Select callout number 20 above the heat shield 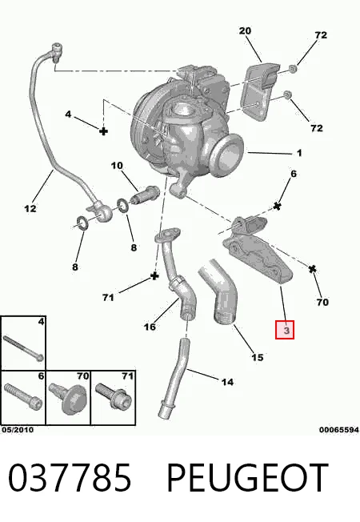click(245, 31)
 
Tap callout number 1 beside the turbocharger click(299, 153)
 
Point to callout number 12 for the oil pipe click(30, 209)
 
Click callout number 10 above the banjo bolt click(117, 166)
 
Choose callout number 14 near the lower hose click(227, 382)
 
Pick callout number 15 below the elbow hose click(257, 358)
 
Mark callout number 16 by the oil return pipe click(150, 327)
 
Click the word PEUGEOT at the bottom click(247, 478)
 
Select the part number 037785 click(69, 478)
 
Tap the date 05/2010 click(18, 430)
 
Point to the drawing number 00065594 click(339, 430)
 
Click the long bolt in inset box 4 click(23, 348)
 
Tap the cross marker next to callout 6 click(277, 206)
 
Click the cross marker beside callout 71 click(154, 276)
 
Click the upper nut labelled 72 click(292, 69)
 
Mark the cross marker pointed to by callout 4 click(104, 131)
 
